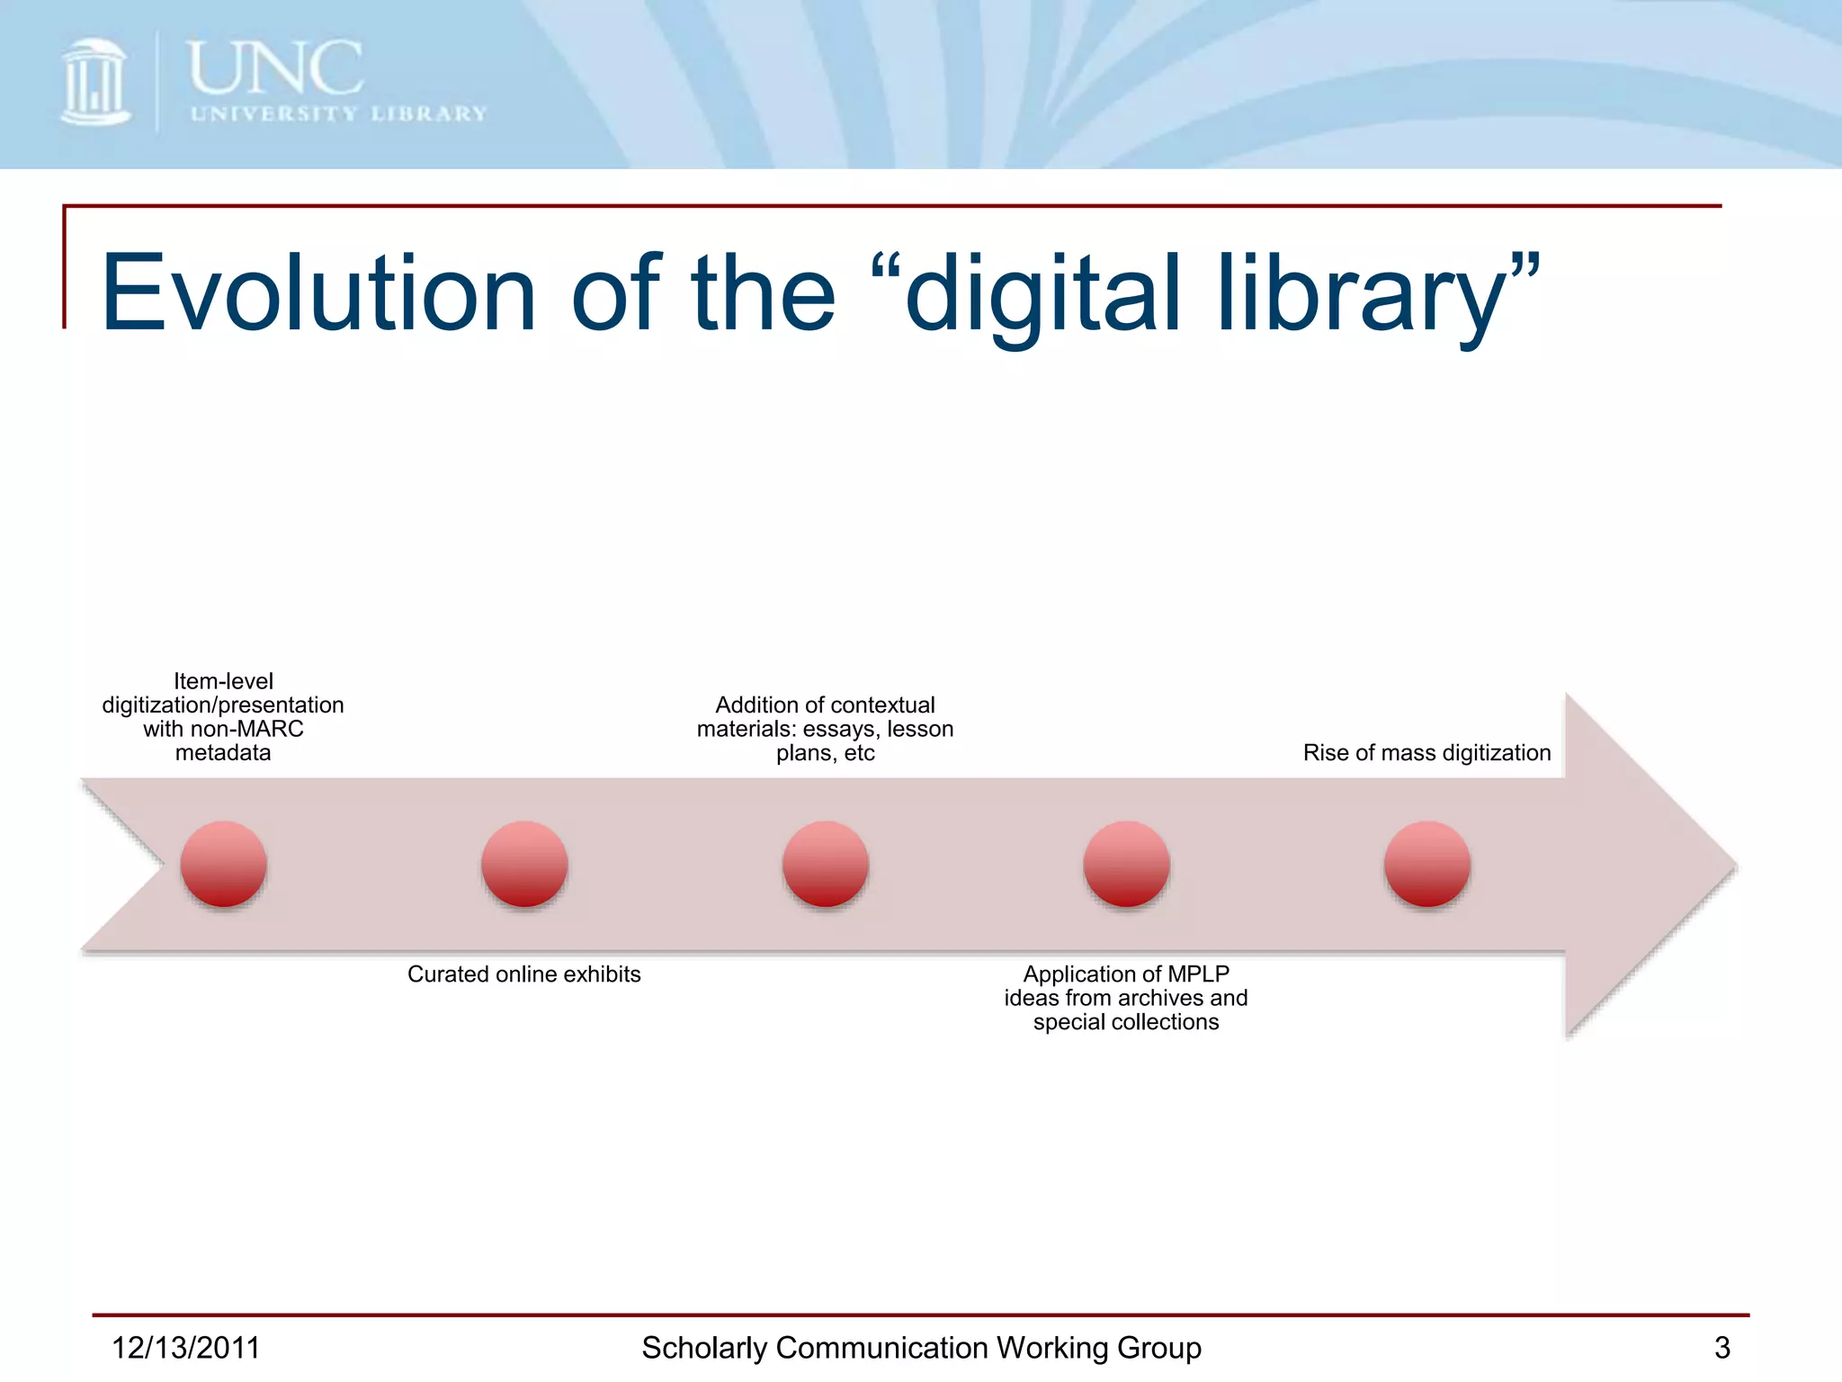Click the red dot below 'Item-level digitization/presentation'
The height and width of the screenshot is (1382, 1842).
223,864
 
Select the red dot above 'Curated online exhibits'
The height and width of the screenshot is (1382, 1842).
524,864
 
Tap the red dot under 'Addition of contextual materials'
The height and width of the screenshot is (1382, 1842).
825,864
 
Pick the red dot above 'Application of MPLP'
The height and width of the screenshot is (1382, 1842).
1126,864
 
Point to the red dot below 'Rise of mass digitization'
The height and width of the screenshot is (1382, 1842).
1426,864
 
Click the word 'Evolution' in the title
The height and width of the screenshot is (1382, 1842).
318,292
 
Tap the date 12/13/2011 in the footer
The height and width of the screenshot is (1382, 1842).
185,1348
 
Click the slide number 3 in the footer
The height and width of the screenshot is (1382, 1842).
1721,1348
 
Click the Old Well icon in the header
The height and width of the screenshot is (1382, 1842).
94,82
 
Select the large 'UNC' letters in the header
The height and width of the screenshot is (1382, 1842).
275,68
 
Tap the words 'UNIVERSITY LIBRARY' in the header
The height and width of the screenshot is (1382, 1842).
338,114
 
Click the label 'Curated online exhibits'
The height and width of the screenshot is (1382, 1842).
524,974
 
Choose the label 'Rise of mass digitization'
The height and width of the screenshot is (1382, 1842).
1426,752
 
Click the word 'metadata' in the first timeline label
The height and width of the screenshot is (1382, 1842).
223,752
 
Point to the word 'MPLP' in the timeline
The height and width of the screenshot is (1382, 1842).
1197,974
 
